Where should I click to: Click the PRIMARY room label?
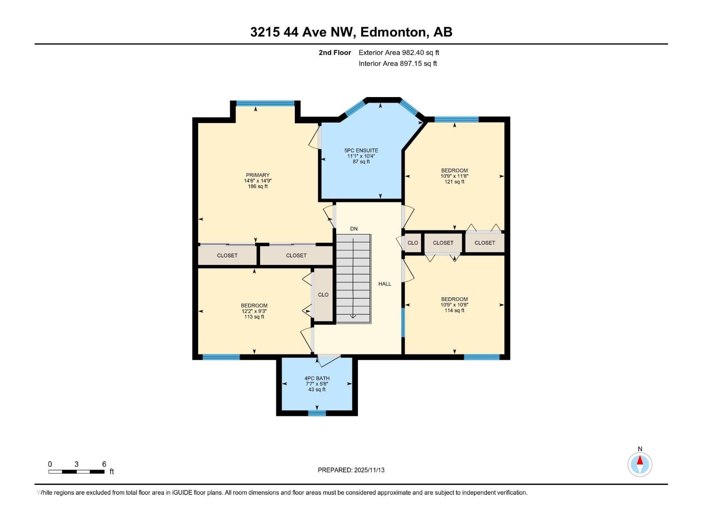(257, 175)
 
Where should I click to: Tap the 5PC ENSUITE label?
(361, 151)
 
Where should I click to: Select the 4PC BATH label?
(317, 378)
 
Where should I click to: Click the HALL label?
(384, 284)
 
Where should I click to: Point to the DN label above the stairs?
(354, 229)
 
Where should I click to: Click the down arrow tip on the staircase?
(353, 317)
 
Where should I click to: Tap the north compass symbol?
(640, 464)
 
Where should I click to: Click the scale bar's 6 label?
(104, 464)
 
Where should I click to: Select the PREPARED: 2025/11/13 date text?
(351, 470)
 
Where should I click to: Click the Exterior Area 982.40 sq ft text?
(399, 53)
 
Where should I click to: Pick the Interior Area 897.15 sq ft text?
(398, 64)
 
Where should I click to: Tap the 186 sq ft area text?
(257, 187)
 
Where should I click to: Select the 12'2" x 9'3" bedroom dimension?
(254, 311)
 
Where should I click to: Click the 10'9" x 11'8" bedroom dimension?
(454, 176)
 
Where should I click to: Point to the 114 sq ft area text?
(454, 310)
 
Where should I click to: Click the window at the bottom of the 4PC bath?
(317, 413)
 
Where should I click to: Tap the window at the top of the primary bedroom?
(265, 104)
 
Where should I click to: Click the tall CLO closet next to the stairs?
(323, 295)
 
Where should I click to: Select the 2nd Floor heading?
(335, 53)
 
